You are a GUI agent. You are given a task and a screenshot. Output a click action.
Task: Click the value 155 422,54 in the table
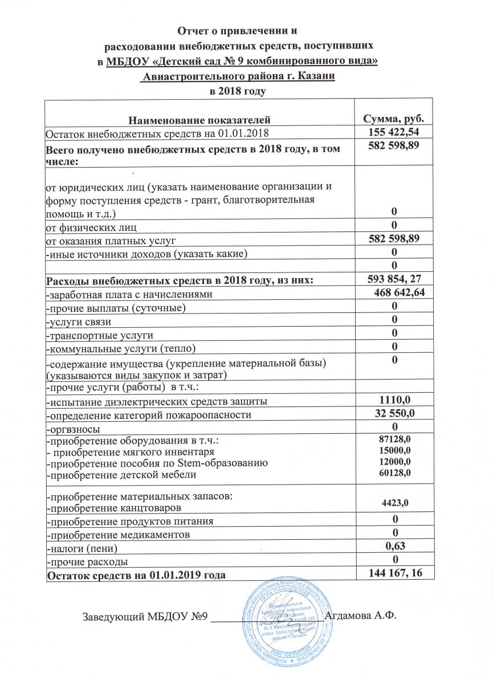394,133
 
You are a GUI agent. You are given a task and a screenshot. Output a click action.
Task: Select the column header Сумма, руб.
394,119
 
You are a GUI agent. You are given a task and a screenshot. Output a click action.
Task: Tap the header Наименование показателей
198,120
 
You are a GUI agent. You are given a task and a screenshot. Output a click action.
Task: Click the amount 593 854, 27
394,278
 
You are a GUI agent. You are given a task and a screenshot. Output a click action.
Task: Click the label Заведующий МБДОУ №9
145,617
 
